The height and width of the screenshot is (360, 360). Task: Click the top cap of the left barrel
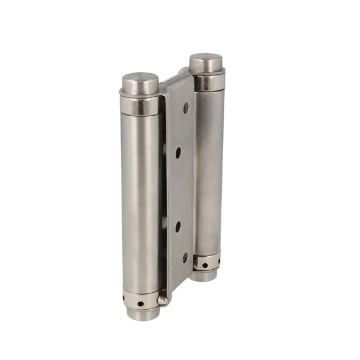tap(140, 81)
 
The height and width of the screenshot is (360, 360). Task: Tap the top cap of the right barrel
tap(206, 61)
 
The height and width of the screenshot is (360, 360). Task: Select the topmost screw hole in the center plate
tap(186, 108)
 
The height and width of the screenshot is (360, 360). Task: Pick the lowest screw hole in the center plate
tap(185, 258)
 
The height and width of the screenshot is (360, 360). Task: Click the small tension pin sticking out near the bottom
tap(162, 300)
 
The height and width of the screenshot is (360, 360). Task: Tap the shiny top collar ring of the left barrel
tap(140, 105)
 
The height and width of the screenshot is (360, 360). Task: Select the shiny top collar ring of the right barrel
tap(207, 81)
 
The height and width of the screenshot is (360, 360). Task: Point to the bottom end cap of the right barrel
tap(207, 275)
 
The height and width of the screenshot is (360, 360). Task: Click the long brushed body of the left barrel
tap(140, 201)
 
